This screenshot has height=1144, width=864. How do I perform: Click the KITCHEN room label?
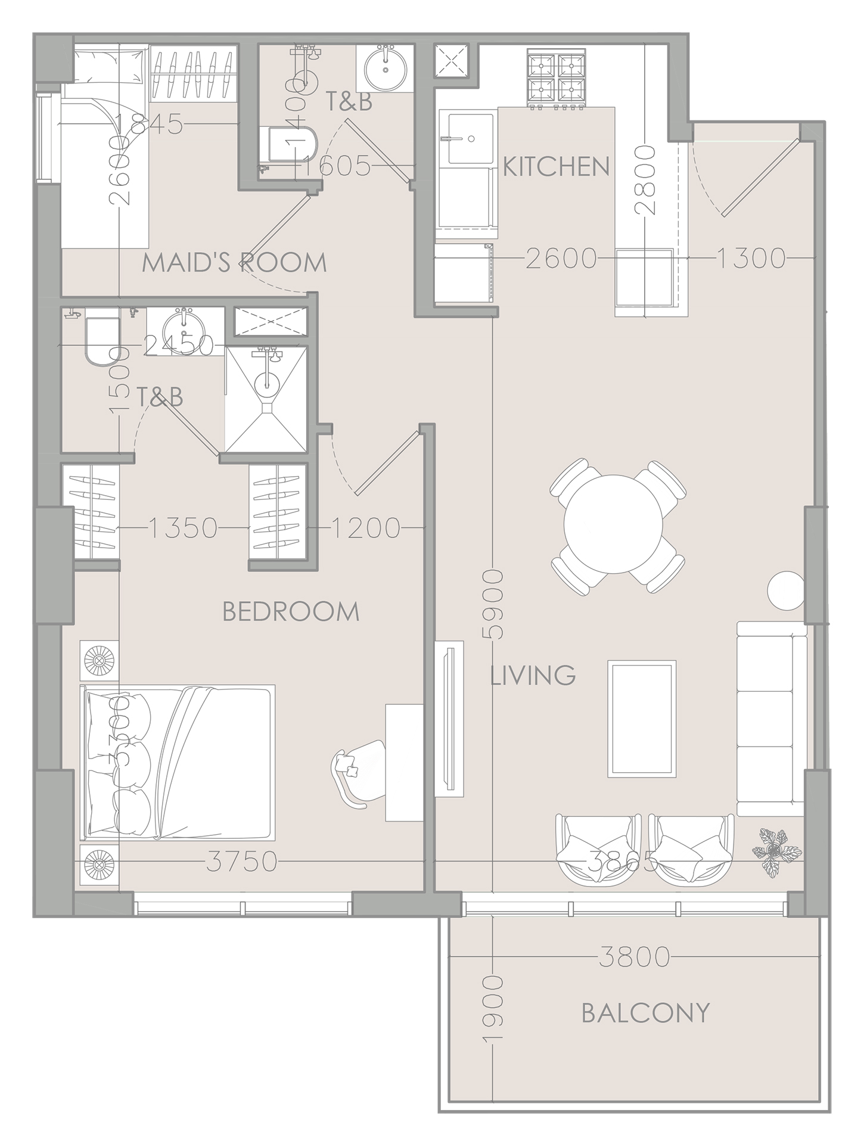557,166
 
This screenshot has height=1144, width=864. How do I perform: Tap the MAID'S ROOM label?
234,263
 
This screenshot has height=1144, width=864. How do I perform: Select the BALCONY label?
646,1012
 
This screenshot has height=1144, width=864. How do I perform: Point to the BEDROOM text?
291,612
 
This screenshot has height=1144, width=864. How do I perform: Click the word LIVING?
533,676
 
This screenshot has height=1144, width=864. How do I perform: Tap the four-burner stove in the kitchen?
554,79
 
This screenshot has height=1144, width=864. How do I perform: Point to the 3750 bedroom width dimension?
242,862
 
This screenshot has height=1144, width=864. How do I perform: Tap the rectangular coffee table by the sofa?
642,719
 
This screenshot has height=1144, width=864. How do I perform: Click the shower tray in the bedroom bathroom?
266,399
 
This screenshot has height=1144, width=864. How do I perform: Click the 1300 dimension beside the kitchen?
750,258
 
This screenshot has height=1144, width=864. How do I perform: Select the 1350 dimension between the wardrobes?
183,528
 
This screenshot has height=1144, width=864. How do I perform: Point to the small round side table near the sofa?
785,590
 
